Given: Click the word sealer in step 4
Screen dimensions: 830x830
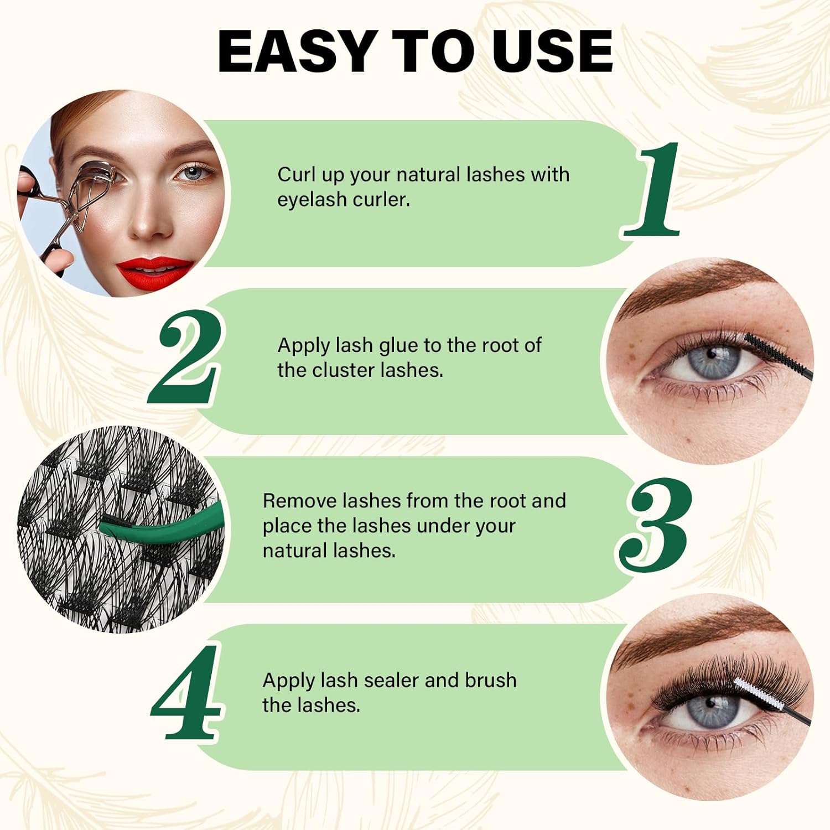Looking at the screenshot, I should click(391, 680).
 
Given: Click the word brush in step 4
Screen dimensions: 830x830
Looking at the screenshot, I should click(490, 680).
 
